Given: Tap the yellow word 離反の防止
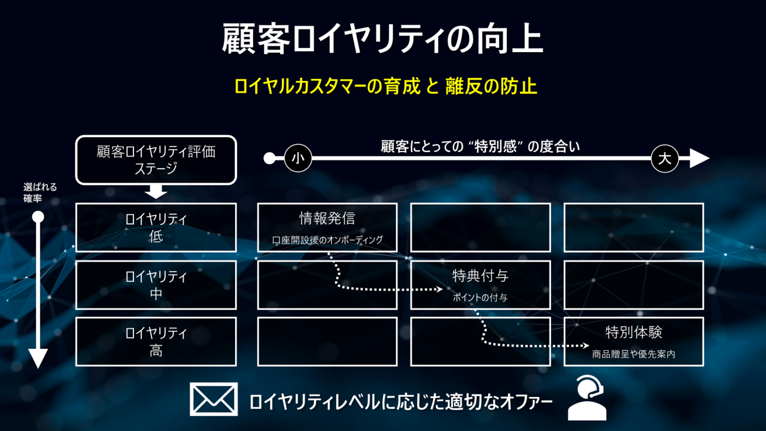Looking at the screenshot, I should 491,86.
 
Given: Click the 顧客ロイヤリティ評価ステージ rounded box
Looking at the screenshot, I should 156,159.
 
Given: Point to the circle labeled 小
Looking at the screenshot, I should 298,159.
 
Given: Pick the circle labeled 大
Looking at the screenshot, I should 665,159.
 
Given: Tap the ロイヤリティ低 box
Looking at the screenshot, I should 156,227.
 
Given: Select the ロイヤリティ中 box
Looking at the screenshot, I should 156,285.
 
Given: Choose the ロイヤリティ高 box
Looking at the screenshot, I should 156,342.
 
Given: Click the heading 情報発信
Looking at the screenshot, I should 327,218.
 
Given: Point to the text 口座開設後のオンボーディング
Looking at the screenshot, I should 327,240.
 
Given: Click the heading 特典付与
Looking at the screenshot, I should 480,276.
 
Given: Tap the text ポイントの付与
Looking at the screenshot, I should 480,298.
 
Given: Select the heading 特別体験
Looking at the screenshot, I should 634,332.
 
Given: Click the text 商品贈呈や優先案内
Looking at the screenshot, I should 634,354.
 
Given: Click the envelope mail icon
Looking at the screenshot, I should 214,399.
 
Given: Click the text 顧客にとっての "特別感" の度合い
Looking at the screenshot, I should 481,146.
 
